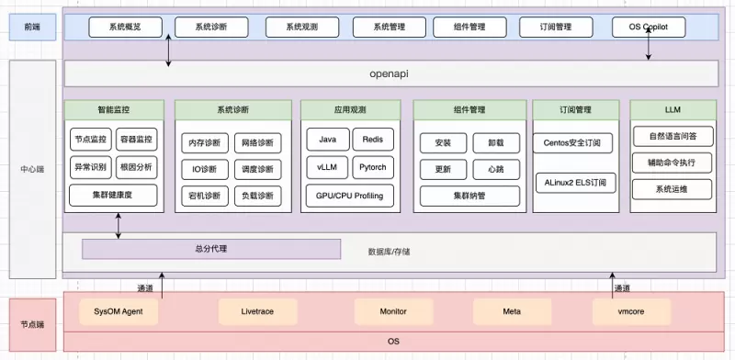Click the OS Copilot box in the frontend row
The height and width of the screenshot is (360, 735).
(x=649, y=28)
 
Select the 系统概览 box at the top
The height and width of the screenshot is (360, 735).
(x=125, y=28)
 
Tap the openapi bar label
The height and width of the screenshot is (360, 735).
(x=389, y=73)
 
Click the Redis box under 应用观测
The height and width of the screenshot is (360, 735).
(x=373, y=140)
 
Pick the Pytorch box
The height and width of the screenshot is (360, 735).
(x=373, y=167)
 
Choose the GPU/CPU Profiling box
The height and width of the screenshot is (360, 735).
(x=350, y=196)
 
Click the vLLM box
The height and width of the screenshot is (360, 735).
(x=327, y=167)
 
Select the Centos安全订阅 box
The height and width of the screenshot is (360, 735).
(x=572, y=142)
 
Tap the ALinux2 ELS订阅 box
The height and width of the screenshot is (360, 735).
(x=575, y=183)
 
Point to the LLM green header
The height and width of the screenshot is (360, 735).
(x=673, y=109)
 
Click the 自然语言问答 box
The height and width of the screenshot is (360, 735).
(x=673, y=137)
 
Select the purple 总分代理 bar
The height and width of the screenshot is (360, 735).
(x=211, y=249)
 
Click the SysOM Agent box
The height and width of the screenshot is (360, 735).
(x=119, y=311)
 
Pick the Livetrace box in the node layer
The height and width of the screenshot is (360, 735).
(x=257, y=311)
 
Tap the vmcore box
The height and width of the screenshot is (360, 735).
(x=631, y=311)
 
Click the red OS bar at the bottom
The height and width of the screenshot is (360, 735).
(x=393, y=342)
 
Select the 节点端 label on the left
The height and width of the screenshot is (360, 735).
(x=32, y=324)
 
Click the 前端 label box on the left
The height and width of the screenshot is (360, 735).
(x=32, y=28)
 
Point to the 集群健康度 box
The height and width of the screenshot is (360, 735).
(x=112, y=196)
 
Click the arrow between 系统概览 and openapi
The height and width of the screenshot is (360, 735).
(x=168, y=50)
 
